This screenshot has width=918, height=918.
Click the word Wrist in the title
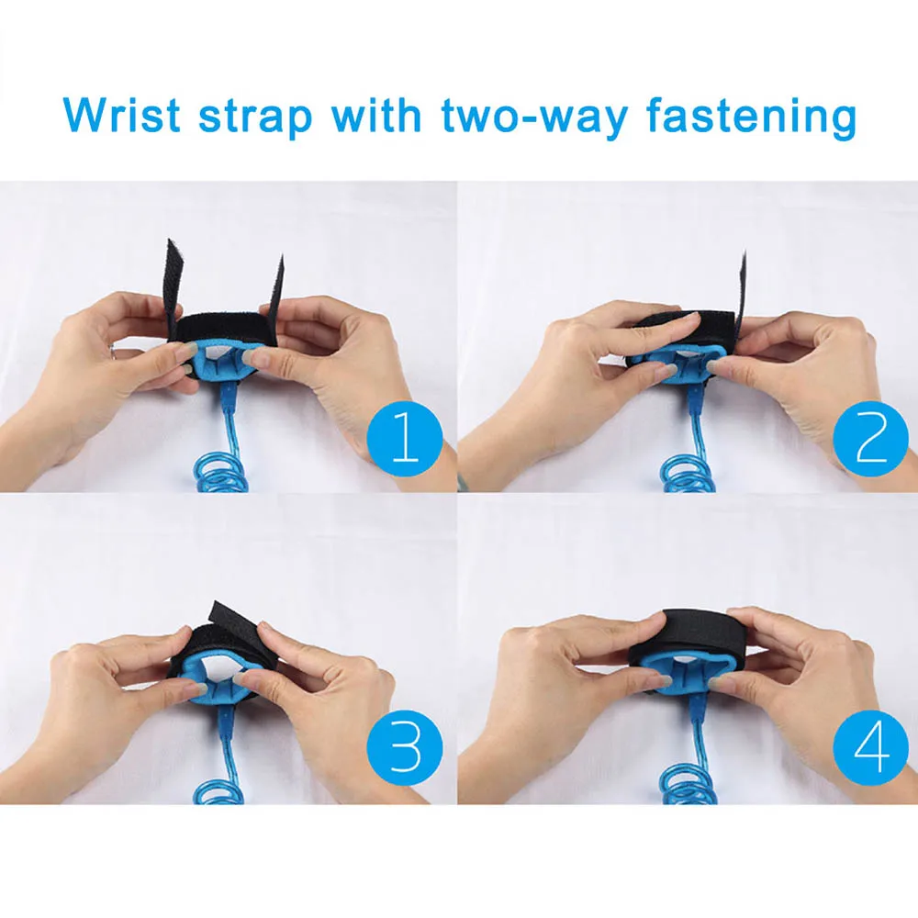pos(121,115)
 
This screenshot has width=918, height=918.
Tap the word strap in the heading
pos(255,118)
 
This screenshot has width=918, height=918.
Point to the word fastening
pos(751,118)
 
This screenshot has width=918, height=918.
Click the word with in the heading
pos(376,115)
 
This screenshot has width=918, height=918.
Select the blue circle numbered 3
pos(405,747)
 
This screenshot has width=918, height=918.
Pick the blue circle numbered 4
pos(870,747)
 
